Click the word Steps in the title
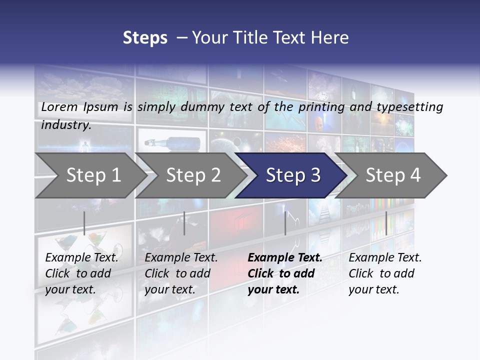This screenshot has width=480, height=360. (x=145, y=38)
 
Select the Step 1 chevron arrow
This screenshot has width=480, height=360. (x=90, y=175)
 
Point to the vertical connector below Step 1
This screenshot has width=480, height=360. (x=84, y=223)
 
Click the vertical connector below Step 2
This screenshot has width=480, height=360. (x=184, y=223)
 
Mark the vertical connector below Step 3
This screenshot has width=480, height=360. (x=285, y=223)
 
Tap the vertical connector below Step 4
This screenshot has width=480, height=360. (x=386, y=223)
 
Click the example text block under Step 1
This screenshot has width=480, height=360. (x=81, y=273)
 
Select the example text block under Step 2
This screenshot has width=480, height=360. (x=181, y=273)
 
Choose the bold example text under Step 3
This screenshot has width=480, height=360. (x=285, y=273)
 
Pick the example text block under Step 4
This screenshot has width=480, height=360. (x=385, y=273)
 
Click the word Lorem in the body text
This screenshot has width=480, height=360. (x=59, y=106)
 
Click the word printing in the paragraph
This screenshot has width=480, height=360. (x=321, y=106)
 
